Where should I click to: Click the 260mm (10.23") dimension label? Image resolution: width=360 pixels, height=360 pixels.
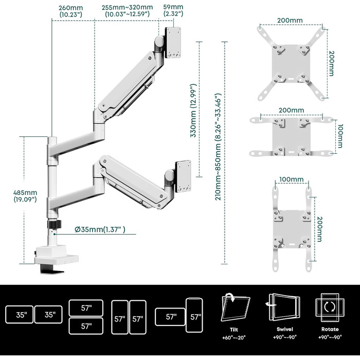[71, 11]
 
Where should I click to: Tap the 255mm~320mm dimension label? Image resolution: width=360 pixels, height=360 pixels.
[127, 11]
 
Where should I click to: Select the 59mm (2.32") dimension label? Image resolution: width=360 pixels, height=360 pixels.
[173, 11]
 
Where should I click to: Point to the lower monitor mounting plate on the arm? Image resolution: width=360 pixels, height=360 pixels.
[183, 176]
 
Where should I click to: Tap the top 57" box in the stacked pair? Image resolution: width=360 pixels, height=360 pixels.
[86, 308]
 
